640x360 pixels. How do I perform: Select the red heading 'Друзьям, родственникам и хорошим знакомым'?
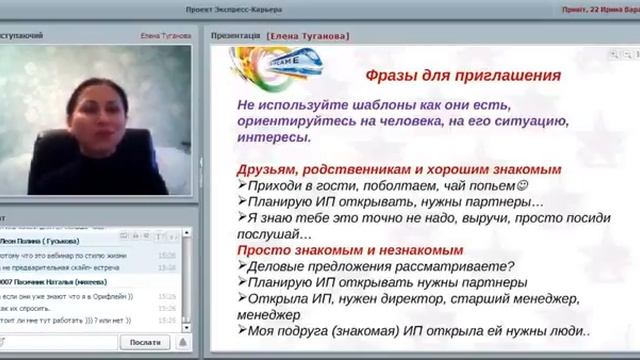[x=399, y=170]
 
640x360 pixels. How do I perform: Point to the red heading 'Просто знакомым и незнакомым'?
[x=350, y=250]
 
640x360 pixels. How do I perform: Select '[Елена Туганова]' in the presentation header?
[x=308, y=35]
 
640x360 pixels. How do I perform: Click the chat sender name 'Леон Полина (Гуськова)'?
[x=45, y=241]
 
